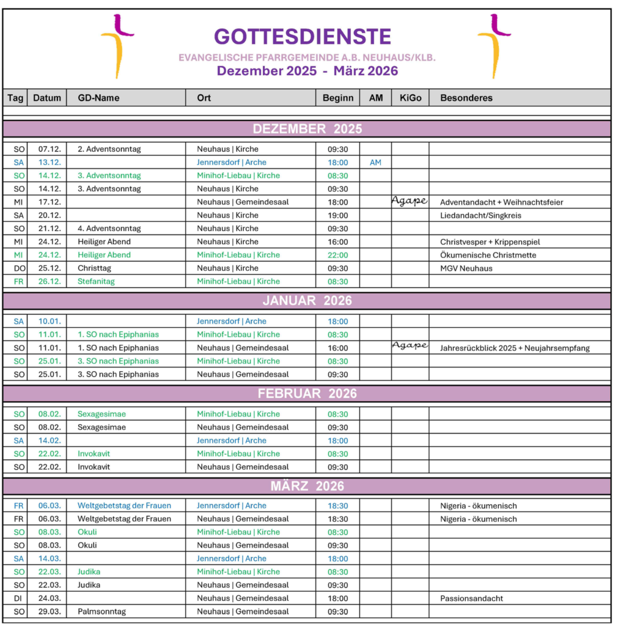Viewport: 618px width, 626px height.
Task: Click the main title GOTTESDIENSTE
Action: click(303, 37)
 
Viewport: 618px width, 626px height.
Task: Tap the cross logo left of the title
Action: click(116, 46)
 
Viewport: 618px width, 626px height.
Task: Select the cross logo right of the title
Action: click(493, 46)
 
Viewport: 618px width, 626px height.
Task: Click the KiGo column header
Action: click(410, 98)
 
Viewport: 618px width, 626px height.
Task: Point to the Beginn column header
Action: click(337, 98)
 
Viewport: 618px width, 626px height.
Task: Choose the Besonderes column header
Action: click(466, 98)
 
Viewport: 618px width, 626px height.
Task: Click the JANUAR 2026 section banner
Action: click(307, 301)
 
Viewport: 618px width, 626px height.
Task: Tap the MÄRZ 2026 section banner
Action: click(307, 486)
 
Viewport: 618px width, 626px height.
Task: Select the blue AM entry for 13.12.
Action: click(375, 163)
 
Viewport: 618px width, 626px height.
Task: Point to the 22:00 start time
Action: click(337, 255)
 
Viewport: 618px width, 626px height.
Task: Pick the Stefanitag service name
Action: click(96, 282)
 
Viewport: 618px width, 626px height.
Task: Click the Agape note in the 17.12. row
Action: click(409, 201)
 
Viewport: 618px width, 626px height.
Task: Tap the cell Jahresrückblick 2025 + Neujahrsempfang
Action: click(515, 348)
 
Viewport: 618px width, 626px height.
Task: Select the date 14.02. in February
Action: click(48, 441)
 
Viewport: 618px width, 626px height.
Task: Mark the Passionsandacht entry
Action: click(471, 598)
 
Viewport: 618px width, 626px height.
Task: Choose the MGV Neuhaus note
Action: click(466, 268)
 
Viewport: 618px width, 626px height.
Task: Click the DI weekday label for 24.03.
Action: click(18, 598)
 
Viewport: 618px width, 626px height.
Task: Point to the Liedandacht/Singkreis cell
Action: click(479, 215)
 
